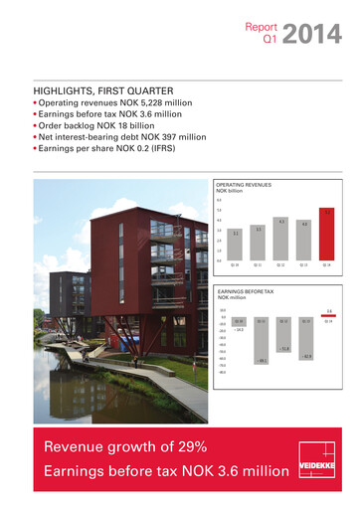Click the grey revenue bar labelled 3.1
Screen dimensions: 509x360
coord(236,246)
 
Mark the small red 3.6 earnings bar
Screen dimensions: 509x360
coord(327,315)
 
